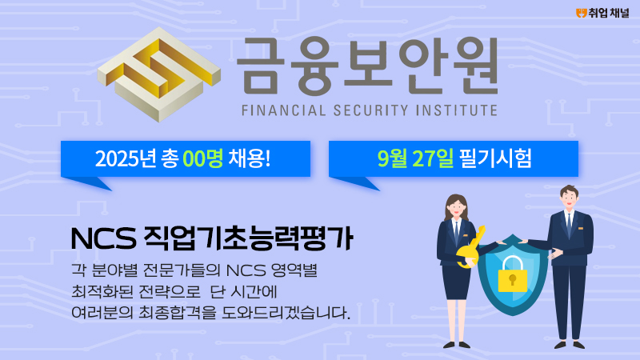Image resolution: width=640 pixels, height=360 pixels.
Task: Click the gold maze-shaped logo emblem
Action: (159, 74)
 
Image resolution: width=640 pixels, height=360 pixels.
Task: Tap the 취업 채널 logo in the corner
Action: (602, 14)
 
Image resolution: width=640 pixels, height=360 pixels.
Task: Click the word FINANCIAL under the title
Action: (284, 110)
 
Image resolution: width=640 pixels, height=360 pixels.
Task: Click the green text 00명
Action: (203, 158)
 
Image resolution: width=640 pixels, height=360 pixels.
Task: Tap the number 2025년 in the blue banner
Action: (126, 158)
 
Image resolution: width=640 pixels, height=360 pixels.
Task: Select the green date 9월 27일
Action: (415, 158)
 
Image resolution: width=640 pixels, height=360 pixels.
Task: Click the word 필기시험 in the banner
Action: (495, 158)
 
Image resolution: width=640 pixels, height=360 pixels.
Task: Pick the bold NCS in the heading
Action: (103, 238)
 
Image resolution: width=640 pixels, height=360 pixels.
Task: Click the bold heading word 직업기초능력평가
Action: (248, 238)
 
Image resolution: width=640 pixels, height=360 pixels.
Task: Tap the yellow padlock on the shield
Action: (513, 274)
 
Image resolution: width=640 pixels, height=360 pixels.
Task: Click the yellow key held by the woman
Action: (472, 247)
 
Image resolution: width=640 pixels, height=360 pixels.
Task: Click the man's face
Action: (570, 199)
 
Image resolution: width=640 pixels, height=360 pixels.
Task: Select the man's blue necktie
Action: (569, 226)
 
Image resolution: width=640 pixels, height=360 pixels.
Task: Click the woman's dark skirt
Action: (455, 282)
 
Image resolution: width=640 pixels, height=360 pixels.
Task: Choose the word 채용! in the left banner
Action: (250, 158)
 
